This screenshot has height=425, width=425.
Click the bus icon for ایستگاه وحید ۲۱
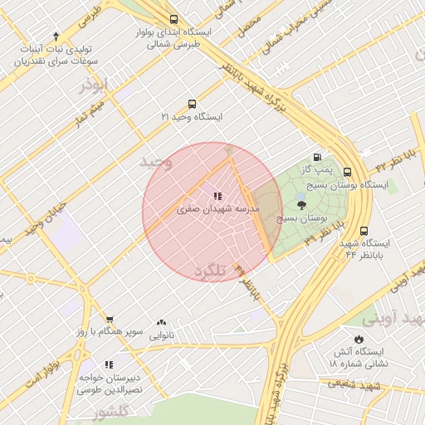[x=193, y=105]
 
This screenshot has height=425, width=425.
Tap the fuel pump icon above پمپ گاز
[x=316, y=157]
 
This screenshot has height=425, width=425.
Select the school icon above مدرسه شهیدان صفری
[x=217, y=197]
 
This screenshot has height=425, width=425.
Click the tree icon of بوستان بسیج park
[x=300, y=204]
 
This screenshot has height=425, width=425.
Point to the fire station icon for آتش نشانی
[x=358, y=339]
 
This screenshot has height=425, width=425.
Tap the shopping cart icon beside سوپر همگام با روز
[x=109, y=320]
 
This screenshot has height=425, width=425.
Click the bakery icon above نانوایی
[x=161, y=323]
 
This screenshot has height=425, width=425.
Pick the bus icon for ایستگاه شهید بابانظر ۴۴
[x=364, y=232]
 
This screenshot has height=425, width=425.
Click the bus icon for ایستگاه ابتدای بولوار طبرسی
[x=173, y=19]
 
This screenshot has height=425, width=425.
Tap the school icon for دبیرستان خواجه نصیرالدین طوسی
[x=109, y=364]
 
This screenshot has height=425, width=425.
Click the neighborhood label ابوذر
[x=94, y=85]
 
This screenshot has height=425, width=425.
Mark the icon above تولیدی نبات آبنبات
[x=56, y=36]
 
